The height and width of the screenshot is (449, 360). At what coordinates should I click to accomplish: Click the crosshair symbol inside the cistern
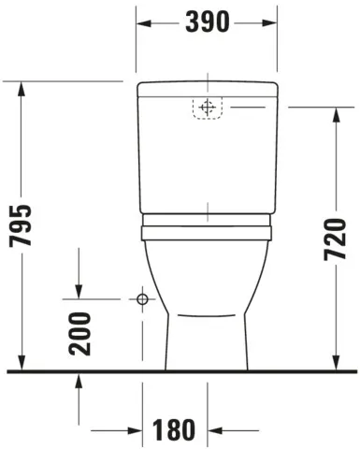pyautogui.click(x=208, y=108)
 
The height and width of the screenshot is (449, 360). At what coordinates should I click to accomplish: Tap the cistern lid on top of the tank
pyautogui.click(x=208, y=90)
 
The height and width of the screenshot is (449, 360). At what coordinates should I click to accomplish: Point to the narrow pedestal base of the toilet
pyautogui.click(x=208, y=346)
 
